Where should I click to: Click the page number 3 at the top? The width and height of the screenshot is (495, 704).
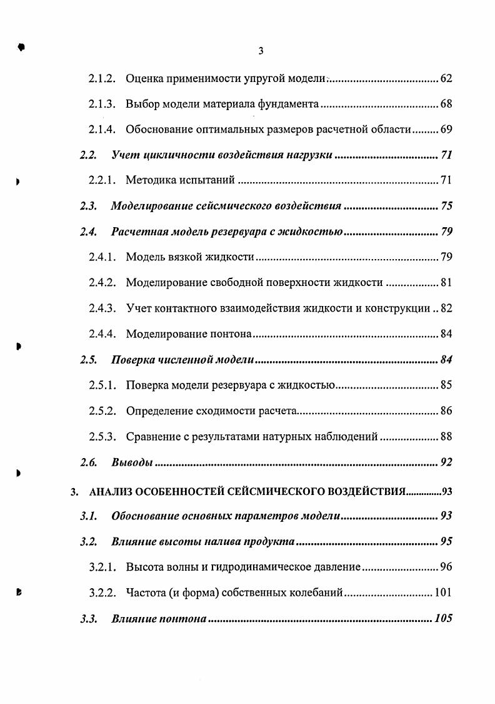click(x=261, y=51)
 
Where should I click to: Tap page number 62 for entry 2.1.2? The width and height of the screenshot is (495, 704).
click(x=446, y=79)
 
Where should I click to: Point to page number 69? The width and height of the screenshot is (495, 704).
click(x=446, y=130)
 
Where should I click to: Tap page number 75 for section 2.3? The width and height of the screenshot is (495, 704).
click(x=446, y=206)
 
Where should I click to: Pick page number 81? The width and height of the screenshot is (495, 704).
click(x=446, y=282)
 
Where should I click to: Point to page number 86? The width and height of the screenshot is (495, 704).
click(x=446, y=411)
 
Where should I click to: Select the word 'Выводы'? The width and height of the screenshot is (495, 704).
click(x=132, y=462)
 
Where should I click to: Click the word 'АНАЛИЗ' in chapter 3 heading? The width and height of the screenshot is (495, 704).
click(x=112, y=492)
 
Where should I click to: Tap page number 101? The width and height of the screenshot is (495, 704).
click(x=442, y=593)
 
